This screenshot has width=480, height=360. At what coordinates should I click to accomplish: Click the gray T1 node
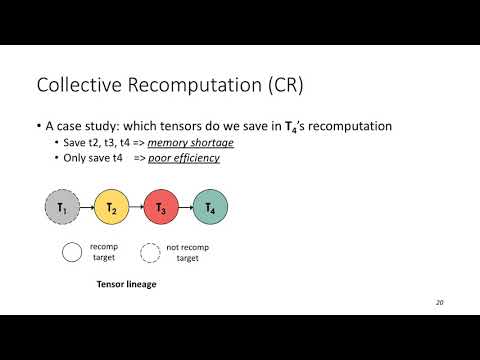(63, 208)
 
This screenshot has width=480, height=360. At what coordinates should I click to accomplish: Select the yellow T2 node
(112, 208)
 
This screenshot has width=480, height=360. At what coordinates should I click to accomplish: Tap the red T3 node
(161, 208)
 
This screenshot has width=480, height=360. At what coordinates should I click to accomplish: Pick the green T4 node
(210, 208)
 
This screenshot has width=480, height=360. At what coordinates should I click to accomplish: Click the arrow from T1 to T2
(87, 208)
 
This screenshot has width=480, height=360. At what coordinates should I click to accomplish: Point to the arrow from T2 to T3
(136, 208)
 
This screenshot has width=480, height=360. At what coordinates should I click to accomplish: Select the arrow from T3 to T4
(185, 208)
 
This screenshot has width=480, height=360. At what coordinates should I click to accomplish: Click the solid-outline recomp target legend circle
(73, 252)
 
